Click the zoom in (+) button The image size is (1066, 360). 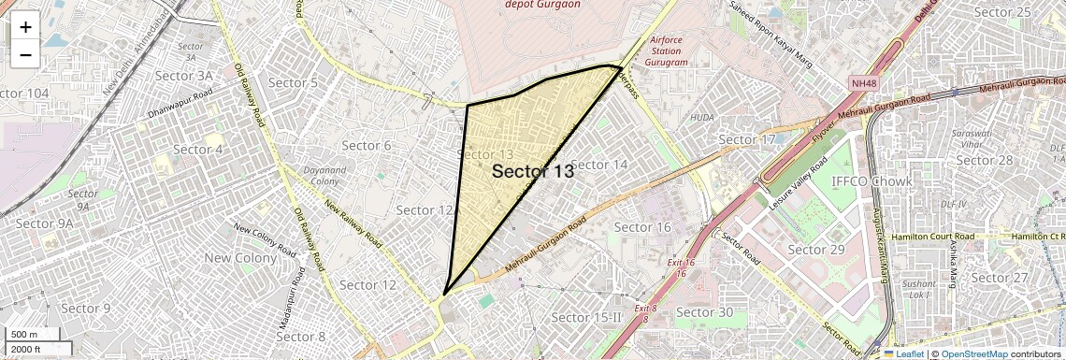pos(25,27)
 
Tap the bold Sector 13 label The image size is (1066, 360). pos(532,171)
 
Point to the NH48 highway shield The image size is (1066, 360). pos(863,84)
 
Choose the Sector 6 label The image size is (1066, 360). pos(367,145)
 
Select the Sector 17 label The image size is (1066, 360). pos(747,139)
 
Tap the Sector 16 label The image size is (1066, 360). pos(642,227)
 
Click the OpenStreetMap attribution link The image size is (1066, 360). pos(973,353)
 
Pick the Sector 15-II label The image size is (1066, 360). pos(586,318)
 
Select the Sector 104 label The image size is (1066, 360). pos(24,94)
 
